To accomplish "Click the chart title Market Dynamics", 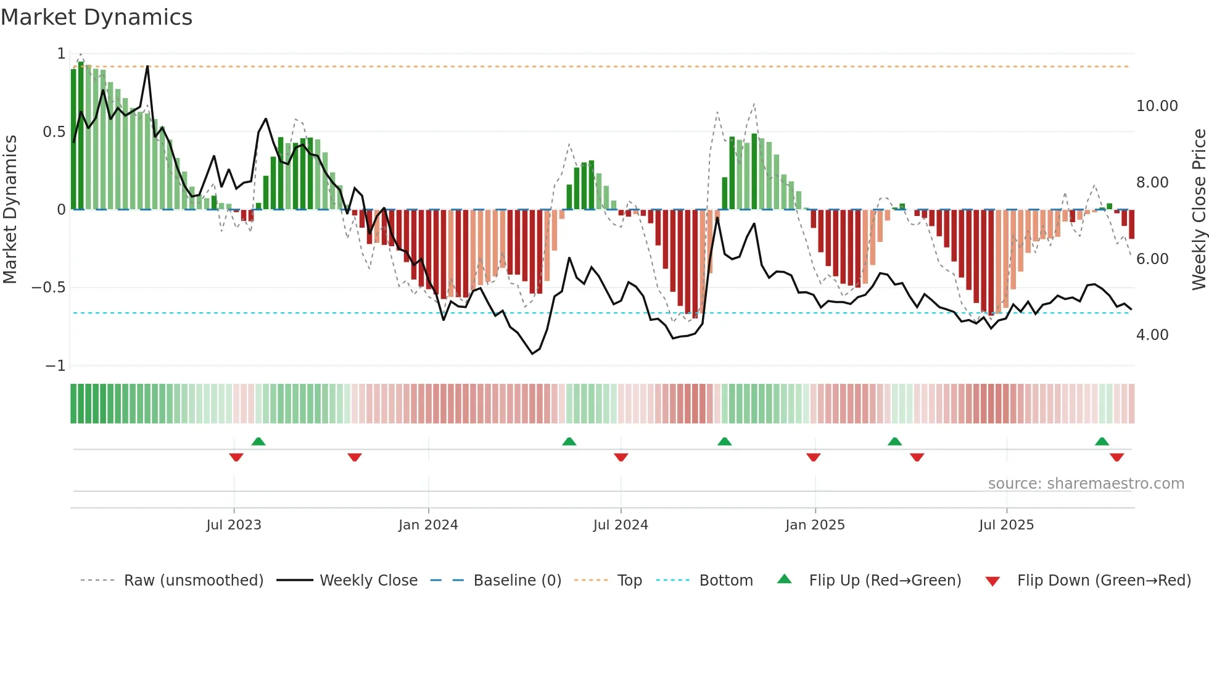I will pyautogui.click(x=96, y=17).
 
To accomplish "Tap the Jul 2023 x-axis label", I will pyautogui.click(x=234, y=525).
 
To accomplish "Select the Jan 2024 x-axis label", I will pyautogui.click(x=428, y=525).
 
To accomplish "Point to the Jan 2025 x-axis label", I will pyautogui.click(x=815, y=525).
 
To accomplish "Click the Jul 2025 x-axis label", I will pyautogui.click(x=1006, y=525).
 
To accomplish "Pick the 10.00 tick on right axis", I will pyautogui.click(x=1157, y=106).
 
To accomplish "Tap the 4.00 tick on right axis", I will pyautogui.click(x=1152, y=335).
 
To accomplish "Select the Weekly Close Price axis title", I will pyautogui.click(x=1199, y=209).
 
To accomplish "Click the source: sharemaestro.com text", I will pyautogui.click(x=1086, y=484).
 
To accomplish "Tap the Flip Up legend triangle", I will pyautogui.click(x=784, y=579).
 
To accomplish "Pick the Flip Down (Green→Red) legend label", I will pyautogui.click(x=1104, y=581).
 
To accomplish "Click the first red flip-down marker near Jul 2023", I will pyautogui.click(x=236, y=457).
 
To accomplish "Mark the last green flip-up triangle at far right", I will pyautogui.click(x=1102, y=441).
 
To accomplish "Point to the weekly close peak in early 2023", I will pyautogui.click(x=147, y=66).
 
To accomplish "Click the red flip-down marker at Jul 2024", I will pyautogui.click(x=621, y=457).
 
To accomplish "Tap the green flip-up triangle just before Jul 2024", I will pyautogui.click(x=569, y=441).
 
